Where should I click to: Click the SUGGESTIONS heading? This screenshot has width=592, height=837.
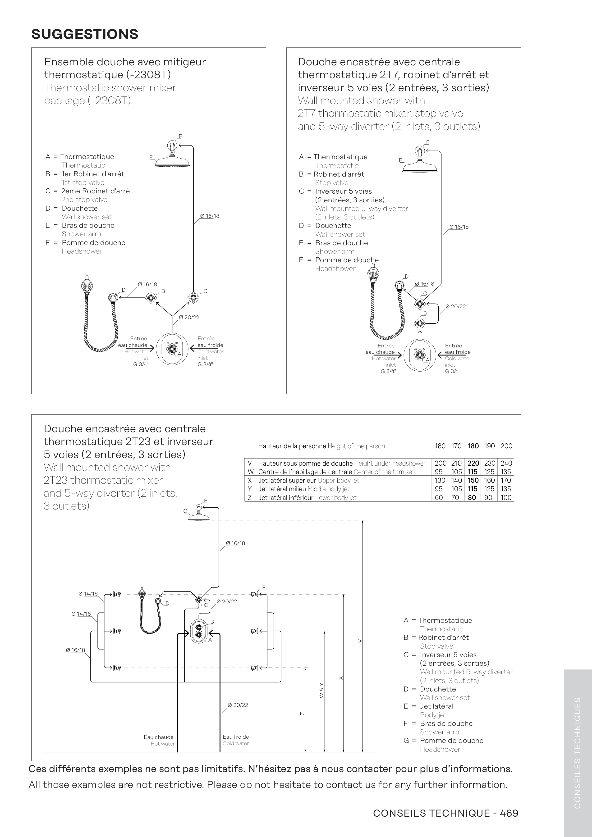[x=85, y=34]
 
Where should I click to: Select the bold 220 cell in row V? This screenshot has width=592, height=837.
[x=473, y=463]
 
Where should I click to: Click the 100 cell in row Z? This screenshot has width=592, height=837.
[x=506, y=498]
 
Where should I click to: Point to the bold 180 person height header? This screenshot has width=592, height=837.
[x=473, y=446]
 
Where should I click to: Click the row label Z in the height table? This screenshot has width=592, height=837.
[x=249, y=498]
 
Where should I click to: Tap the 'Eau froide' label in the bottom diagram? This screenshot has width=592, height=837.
[x=236, y=737]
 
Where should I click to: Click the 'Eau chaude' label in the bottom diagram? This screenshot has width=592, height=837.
[x=159, y=737]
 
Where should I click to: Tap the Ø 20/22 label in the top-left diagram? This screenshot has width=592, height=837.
[x=189, y=318]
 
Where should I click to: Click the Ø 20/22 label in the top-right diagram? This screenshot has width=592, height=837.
[x=456, y=307]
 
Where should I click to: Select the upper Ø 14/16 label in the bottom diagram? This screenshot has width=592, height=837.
[x=88, y=594]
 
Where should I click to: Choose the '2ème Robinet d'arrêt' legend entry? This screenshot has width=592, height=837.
[x=97, y=191]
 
